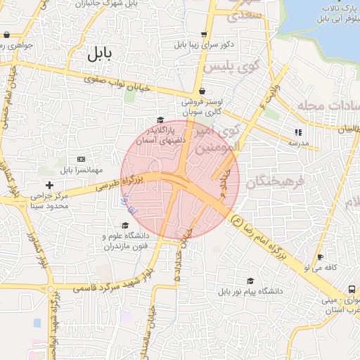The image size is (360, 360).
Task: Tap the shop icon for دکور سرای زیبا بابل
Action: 204,34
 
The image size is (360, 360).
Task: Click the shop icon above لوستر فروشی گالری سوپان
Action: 202,91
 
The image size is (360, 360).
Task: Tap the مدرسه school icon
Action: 298,131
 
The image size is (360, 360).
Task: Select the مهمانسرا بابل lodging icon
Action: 81,160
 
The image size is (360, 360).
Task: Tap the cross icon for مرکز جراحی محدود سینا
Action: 49,185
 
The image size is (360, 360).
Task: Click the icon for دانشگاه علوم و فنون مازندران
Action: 125,226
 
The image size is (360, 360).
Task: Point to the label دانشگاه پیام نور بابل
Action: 250,290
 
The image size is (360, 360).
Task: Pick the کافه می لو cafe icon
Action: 321,257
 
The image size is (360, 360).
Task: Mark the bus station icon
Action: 352,289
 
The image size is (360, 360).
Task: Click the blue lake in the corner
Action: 323,18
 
